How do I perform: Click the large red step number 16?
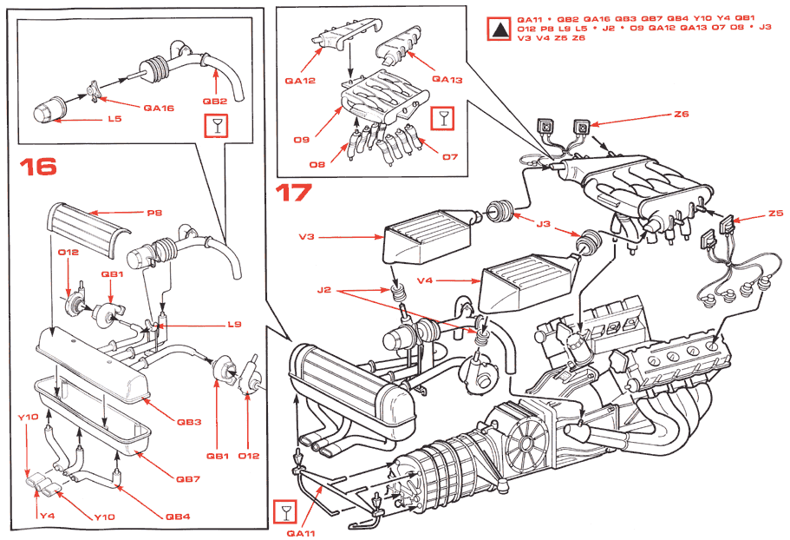[38, 165]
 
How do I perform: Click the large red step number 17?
[292, 192]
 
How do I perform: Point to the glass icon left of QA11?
[284, 511]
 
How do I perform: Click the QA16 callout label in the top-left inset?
[160, 109]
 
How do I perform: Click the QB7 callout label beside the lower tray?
[188, 478]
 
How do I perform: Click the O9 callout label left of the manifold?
[302, 139]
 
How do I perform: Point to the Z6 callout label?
[680, 115]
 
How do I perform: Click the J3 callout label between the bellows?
[543, 225]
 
